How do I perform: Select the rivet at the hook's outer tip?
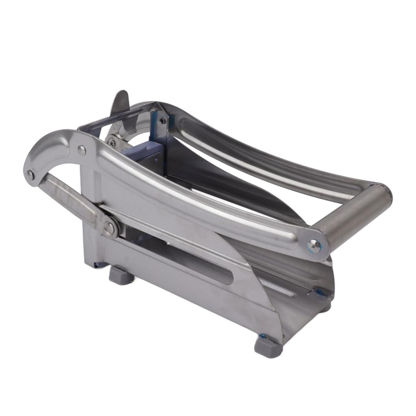tap(30, 175)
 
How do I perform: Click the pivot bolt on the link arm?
tap(109, 227)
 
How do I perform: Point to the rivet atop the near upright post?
tap(82, 150)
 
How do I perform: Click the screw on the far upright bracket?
tap(162, 121)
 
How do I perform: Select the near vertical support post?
tap(91, 219)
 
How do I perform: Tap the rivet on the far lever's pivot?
tap(111, 143)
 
